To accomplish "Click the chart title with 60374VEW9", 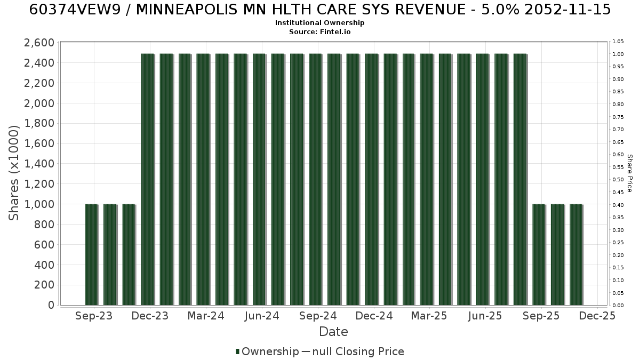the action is click(x=320, y=10).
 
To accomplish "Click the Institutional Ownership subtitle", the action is click(x=319, y=23).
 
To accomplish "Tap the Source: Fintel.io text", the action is click(x=319, y=31).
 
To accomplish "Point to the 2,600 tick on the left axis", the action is click(x=39, y=43).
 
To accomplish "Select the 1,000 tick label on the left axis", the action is click(x=39, y=204).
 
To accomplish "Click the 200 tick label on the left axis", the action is click(x=44, y=285).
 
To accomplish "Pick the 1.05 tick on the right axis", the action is click(x=618, y=42).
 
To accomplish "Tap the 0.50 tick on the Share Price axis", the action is click(x=618, y=180).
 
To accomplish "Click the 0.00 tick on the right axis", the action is click(x=618, y=306).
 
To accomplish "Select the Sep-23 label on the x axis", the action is click(x=94, y=316).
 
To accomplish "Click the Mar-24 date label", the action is click(x=206, y=316).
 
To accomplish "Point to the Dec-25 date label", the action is click(x=597, y=316).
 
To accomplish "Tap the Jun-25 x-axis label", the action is click(x=485, y=316).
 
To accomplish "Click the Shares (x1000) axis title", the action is click(x=13, y=173).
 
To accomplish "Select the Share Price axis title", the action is click(x=630, y=173).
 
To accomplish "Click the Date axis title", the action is click(x=333, y=332).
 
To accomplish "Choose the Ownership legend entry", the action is click(x=267, y=351).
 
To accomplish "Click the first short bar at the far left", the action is click(x=91, y=255).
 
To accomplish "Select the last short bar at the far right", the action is click(x=577, y=255).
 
